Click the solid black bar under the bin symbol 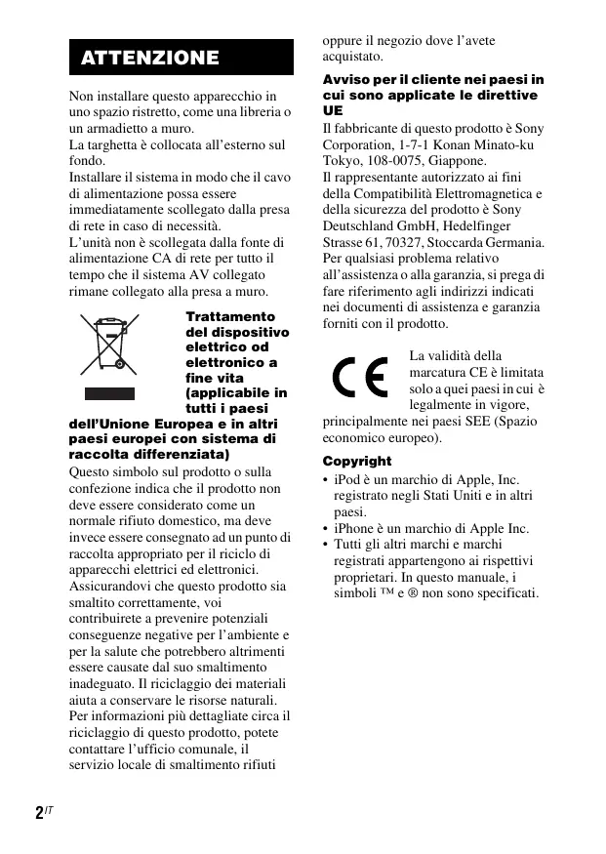click(109, 392)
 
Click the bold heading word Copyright click(357, 461)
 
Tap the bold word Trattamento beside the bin click(230, 317)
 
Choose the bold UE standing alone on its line click(332, 111)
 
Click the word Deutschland click(358, 225)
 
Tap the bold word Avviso click(346, 79)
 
